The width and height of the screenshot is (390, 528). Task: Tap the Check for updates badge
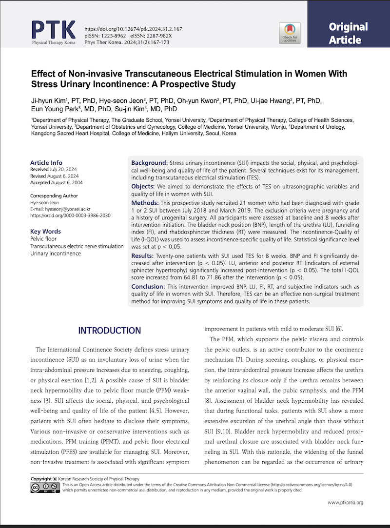(290, 33)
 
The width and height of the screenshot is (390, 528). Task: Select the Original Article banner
(348, 33)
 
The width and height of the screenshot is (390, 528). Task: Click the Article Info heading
(46, 163)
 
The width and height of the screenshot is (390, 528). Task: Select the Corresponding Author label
(54, 196)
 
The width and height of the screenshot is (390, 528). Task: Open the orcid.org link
(70, 215)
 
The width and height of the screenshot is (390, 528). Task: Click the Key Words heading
(45, 232)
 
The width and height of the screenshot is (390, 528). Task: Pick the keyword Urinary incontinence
(56, 253)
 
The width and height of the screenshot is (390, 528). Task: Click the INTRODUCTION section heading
(109, 331)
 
